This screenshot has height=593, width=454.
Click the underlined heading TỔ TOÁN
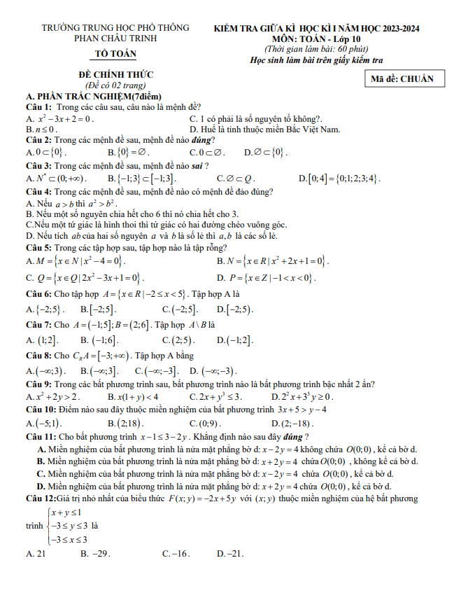[x=116, y=54]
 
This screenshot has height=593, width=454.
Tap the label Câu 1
[x=38, y=106]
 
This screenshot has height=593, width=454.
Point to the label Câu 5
[x=38, y=247]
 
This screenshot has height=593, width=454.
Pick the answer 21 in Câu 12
[x=36, y=553]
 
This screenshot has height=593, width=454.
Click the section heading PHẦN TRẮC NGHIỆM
[x=93, y=96]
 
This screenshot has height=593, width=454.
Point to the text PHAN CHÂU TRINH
[x=116, y=38]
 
